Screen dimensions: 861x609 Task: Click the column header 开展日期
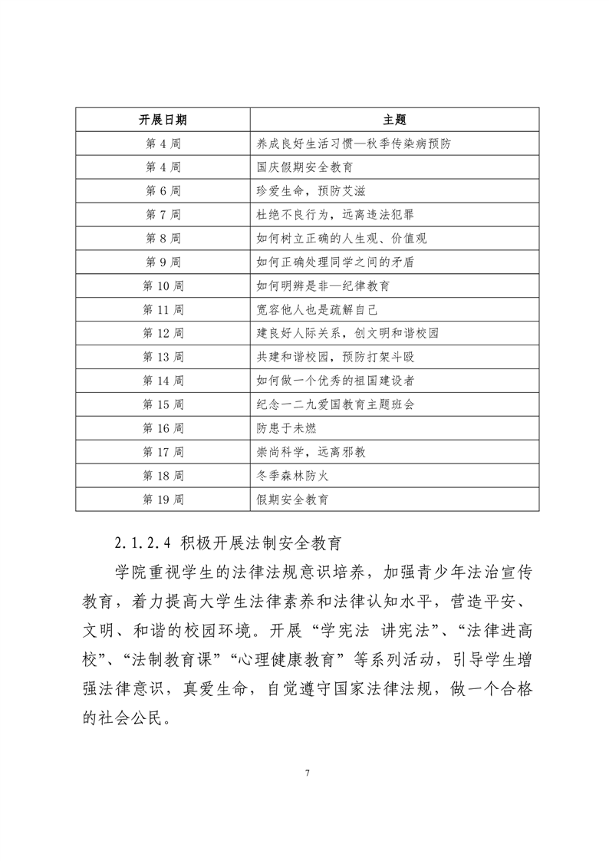pos(163,120)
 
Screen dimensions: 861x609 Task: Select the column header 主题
pos(393,120)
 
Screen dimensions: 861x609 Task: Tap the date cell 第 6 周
pos(163,191)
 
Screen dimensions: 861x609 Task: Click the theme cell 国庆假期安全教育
pos(304,167)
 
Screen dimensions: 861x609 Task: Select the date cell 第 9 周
pos(163,262)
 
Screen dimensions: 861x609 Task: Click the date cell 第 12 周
pos(163,334)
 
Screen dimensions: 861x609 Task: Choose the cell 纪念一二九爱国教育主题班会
pos(335,405)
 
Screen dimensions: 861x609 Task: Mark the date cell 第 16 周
pos(163,429)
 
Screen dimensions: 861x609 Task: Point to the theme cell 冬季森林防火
pos(292,477)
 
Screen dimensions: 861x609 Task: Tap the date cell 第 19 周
pos(163,500)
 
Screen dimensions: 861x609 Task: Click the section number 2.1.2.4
pos(142,545)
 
